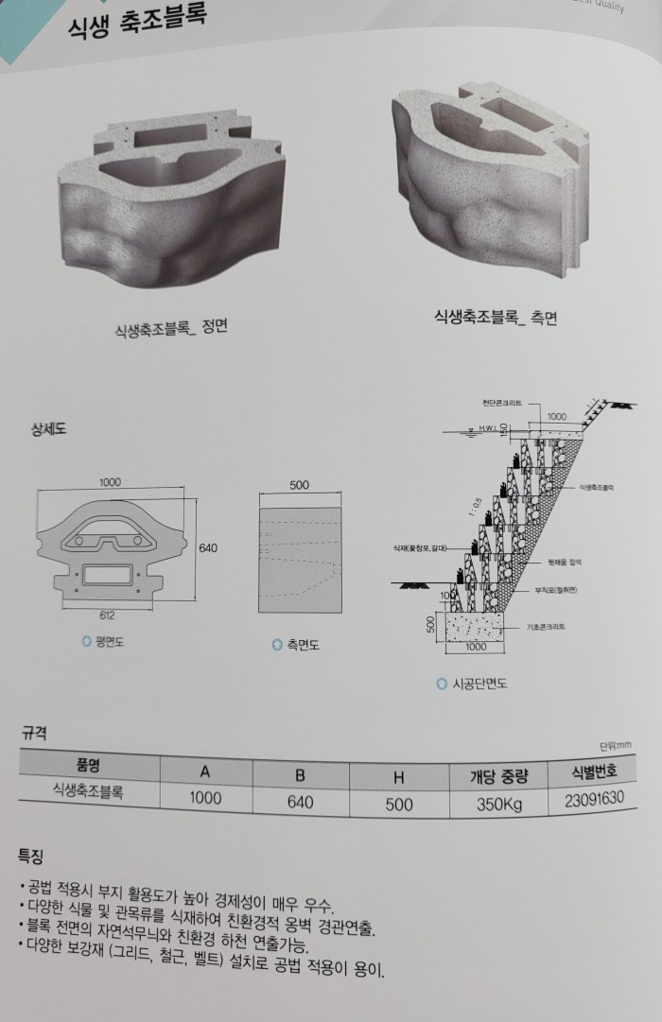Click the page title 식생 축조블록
coord(136,23)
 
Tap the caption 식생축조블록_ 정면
coord(170,329)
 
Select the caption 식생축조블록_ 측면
coord(495,318)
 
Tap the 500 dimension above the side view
coord(299,486)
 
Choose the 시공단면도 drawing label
coord(477,684)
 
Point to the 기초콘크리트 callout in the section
coord(547,627)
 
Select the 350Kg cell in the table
coord(497,806)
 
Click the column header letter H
coord(397,777)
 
